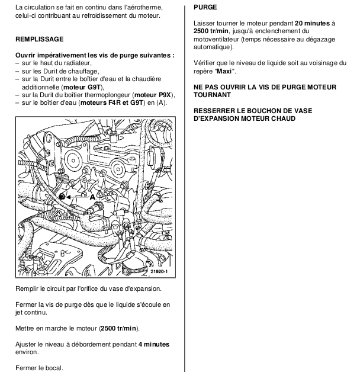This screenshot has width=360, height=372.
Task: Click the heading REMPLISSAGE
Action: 39,39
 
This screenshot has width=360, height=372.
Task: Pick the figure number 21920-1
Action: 159,272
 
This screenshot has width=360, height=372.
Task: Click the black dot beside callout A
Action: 62,196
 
